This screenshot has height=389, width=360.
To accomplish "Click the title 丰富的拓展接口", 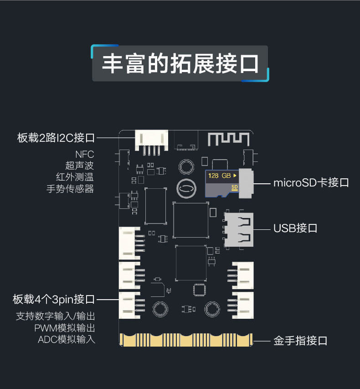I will click(180, 63).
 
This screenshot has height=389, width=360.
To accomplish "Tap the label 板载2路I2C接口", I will click(56, 137).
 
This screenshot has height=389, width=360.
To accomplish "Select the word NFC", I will click(84, 154).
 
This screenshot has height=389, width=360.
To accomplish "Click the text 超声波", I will click(80, 166).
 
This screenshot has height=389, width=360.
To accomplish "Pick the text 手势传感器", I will click(70, 188).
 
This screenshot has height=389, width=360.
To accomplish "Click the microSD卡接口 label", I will click(311, 183).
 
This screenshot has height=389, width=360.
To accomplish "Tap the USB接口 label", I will click(295, 228).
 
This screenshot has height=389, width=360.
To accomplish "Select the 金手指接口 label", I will click(300, 341).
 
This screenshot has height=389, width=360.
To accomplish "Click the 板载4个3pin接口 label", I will click(54, 300).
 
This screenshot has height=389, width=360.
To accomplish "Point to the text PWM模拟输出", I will click(65, 328).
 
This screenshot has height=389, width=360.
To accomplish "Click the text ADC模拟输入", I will click(67, 339).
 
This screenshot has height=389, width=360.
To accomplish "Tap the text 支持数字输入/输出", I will click(56, 316).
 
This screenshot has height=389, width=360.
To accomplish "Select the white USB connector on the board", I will click(240, 229).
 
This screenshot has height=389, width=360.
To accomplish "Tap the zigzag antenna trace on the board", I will click(229, 139).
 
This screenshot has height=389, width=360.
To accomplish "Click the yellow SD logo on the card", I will click(235, 187).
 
